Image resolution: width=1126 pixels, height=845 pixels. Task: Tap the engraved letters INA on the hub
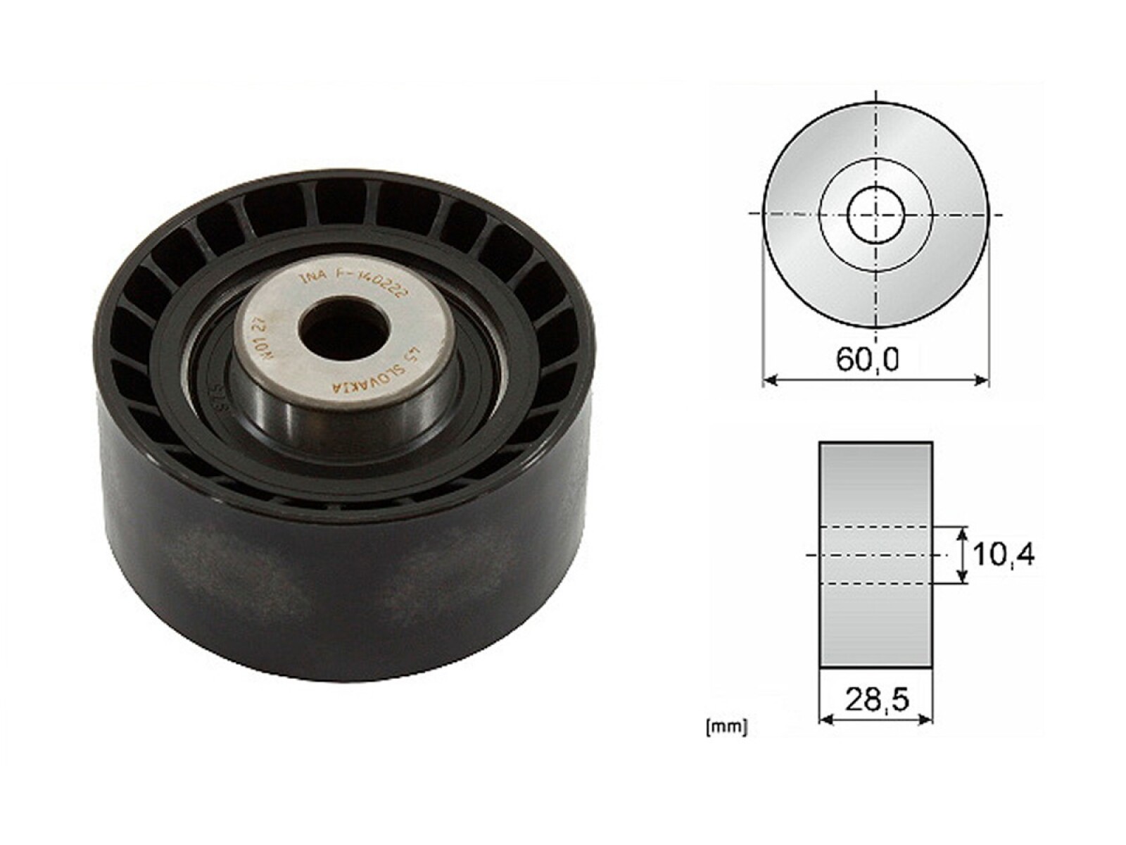click(312, 277)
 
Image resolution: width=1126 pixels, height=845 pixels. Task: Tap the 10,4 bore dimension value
click(1004, 555)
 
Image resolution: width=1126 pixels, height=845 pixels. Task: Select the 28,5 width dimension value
click(876, 699)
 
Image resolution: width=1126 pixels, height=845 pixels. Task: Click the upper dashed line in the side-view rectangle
click(876, 526)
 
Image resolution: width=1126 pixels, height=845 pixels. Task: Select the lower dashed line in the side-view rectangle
click(876, 583)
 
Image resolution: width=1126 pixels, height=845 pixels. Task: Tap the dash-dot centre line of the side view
click(876, 555)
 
